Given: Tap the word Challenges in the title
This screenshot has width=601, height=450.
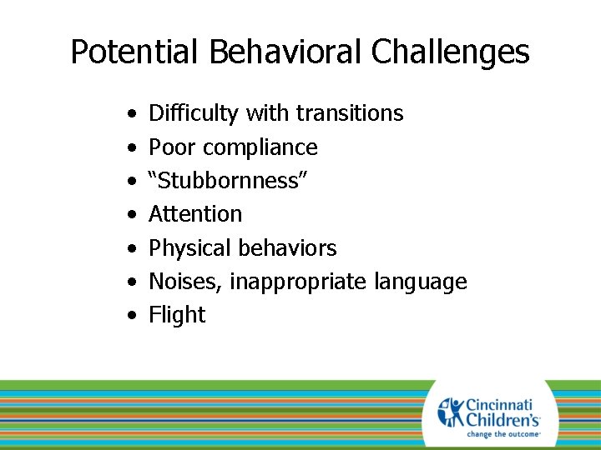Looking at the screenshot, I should (450, 52).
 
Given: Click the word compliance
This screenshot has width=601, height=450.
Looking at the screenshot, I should (260, 147).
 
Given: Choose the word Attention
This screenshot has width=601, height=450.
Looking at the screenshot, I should (195, 214).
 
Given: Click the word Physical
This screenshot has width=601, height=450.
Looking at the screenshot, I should (189, 248).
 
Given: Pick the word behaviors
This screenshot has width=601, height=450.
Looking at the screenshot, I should (287, 248).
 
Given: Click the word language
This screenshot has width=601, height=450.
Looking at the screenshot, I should (420, 282).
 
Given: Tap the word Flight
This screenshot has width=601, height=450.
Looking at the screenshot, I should (177, 315).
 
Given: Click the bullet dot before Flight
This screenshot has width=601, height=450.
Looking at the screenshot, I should (134, 316).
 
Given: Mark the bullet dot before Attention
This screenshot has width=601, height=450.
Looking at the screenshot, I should (134, 215).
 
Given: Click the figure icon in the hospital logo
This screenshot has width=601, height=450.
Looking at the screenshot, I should (450, 412).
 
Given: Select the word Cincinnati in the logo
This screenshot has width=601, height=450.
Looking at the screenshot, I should (501, 404).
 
